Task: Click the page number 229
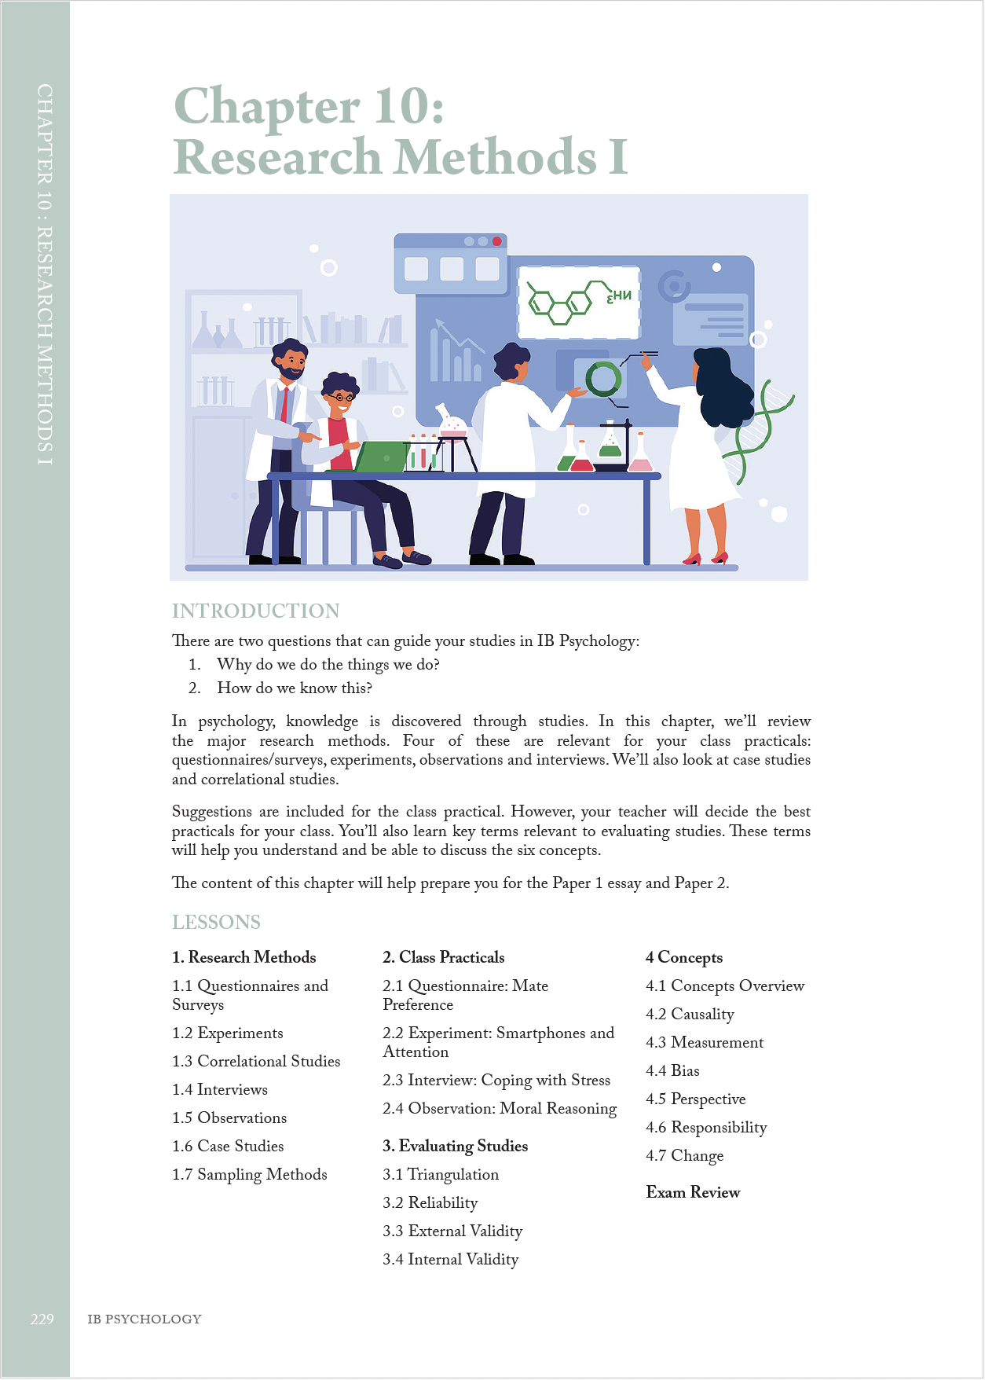click(42, 1319)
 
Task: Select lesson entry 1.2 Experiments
click(227, 1033)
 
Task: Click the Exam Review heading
click(692, 1192)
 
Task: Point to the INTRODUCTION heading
click(255, 611)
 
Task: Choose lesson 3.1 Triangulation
click(440, 1175)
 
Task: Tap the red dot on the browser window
click(496, 241)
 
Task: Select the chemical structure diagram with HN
click(578, 302)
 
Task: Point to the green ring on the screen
click(602, 380)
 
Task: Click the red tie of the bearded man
click(284, 404)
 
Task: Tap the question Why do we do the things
click(328, 665)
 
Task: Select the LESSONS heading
click(216, 922)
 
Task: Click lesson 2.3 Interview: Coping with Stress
click(496, 1081)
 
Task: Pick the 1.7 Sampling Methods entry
click(249, 1175)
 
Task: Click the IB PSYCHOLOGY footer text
click(144, 1319)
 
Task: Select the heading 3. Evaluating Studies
click(455, 1147)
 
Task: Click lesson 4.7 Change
click(684, 1156)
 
